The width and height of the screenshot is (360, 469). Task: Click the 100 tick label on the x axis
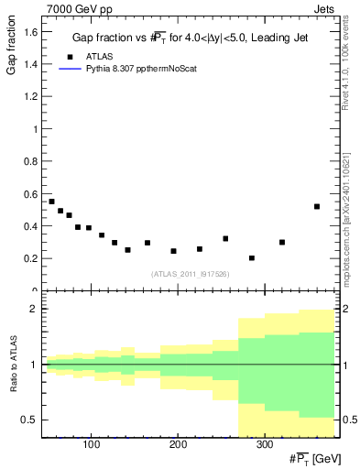[91, 446]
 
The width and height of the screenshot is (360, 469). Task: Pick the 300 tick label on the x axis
[264, 446]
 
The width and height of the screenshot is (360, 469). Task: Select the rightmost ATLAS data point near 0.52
[317, 206]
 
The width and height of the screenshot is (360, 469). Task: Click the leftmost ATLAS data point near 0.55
[52, 202]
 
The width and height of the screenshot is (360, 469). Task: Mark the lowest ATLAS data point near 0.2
[252, 258]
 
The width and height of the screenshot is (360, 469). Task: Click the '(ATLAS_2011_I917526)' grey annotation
[190, 274]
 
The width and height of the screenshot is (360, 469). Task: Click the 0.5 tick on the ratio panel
[33, 420]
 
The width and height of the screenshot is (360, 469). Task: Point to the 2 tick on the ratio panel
[35, 309]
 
